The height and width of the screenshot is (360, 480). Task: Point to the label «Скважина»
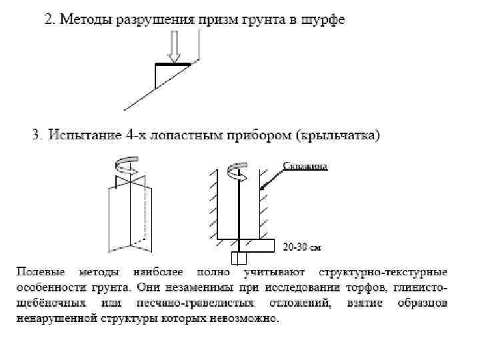point(305,166)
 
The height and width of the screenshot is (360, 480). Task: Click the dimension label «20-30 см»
point(302,247)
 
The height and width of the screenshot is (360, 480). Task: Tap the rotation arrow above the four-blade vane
point(126,164)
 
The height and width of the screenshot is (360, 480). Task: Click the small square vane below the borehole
point(238,257)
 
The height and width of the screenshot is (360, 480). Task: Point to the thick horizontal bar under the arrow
point(173,64)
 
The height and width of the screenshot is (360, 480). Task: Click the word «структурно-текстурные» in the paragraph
point(383,273)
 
